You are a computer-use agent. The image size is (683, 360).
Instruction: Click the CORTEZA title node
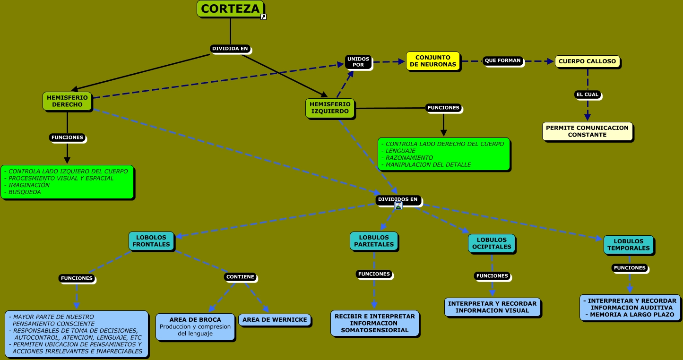pyautogui.click(x=230, y=9)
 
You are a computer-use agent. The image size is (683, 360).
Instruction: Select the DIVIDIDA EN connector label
pyautogui.click(x=230, y=49)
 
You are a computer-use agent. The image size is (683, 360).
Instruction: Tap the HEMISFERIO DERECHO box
pyautogui.click(x=67, y=101)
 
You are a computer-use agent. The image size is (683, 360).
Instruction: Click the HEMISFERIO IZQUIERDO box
pyautogui.click(x=330, y=108)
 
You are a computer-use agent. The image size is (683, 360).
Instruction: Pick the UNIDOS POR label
pyautogui.click(x=358, y=62)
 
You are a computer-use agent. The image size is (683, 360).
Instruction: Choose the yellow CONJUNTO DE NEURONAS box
pyautogui.click(x=432, y=61)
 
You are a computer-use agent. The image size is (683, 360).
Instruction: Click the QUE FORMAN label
pyautogui.click(x=502, y=60)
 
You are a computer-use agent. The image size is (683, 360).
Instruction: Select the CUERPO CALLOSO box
pyautogui.click(x=587, y=61)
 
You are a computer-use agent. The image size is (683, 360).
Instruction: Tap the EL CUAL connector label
pyautogui.click(x=588, y=94)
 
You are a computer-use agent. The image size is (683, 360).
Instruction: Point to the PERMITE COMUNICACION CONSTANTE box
pyautogui.click(x=587, y=131)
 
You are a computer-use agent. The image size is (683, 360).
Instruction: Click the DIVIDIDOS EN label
pyautogui.click(x=398, y=199)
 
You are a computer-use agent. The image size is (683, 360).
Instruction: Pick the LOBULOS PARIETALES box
pyautogui.click(x=374, y=241)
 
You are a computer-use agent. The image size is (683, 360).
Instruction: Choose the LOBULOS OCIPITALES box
pyautogui.click(x=492, y=243)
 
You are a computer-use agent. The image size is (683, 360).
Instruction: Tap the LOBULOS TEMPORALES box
pyautogui.click(x=628, y=245)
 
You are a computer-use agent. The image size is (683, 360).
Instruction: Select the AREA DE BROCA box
pyautogui.click(x=195, y=326)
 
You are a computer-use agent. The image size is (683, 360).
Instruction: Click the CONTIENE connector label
pyautogui.click(x=240, y=277)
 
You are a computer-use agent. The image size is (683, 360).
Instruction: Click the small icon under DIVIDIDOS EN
pyautogui.click(x=398, y=206)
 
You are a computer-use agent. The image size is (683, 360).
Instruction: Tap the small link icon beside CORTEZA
pyautogui.click(x=264, y=17)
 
